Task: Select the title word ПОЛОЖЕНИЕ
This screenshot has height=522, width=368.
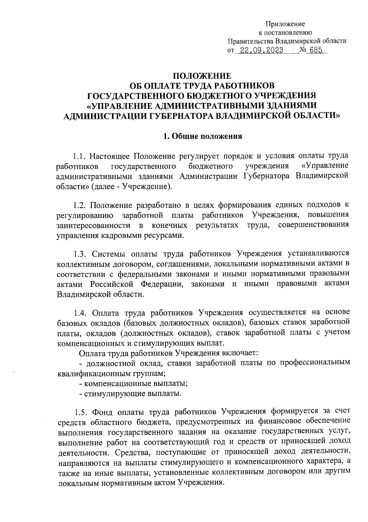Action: pyautogui.click(x=202, y=76)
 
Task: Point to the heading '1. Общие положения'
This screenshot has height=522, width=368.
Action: pyautogui.click(x=202, y=136)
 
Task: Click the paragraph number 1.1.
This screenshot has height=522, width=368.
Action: pyautogui.click(x=80, y=156)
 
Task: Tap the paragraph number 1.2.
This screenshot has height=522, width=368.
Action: pyautogui.click(x=80, y=205)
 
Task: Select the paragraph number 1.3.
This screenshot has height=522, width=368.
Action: pyautogui.click(x=80, y=254)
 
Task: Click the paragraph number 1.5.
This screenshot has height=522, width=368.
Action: pyautogui.click(x=80, y=411)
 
